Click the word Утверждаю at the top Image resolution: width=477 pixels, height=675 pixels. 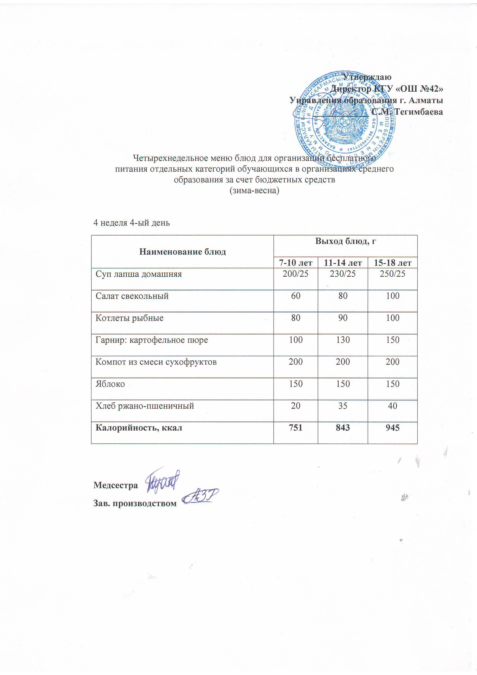pos(367,77)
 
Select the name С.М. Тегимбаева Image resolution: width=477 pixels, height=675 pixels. pos(407,112)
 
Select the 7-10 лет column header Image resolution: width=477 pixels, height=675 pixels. pos(295,262)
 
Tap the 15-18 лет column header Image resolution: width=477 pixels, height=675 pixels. pos(392,262)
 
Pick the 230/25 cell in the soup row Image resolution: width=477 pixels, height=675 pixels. pos(343,274)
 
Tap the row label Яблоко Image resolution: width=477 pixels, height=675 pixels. pos(110,384)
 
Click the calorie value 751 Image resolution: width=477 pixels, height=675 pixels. pos(295,428)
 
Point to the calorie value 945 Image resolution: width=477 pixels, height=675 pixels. pos(392,428)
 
